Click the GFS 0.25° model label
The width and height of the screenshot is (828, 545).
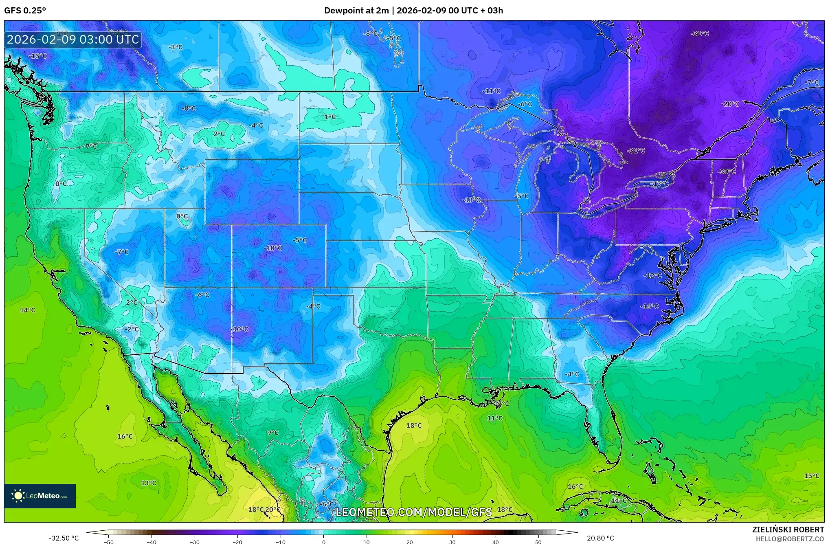[25, 11]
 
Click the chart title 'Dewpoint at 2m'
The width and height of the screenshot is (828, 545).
[356, 11]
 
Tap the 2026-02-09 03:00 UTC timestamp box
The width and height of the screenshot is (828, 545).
[73, 40]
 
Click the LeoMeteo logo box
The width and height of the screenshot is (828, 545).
[40, 496]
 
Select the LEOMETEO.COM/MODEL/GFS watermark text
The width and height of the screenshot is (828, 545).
[413, 512]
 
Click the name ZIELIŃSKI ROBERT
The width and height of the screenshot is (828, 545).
[788, 530]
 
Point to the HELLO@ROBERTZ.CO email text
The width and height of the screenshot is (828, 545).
[790, 539]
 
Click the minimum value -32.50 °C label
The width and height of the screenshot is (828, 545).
[64, 538]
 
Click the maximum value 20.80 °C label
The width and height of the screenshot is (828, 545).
[600, 538]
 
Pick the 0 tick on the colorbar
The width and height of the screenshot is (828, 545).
[324, 542]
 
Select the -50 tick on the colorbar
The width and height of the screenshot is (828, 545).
[109, 542]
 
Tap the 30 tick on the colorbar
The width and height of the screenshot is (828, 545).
[452, 542]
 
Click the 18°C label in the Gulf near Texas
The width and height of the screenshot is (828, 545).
[414, 426]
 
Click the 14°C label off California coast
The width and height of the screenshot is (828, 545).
[27, 310]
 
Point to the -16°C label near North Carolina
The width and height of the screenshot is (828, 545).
[649, 306]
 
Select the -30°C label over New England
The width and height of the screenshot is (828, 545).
[727, 171]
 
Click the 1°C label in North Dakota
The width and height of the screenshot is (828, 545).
[330, 117]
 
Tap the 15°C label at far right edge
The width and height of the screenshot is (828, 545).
[811, 476]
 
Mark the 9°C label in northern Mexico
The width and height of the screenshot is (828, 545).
[272, 433]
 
